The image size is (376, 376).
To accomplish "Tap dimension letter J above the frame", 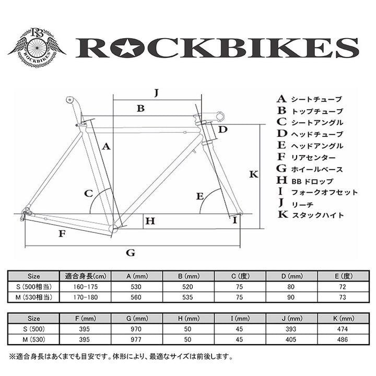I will [156, 93].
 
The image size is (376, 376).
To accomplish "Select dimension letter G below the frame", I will [131, 253].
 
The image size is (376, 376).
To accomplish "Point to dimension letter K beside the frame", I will [254, 174].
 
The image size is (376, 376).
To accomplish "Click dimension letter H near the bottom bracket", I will [150, 221].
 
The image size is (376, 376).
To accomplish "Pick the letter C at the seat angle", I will [89, 194].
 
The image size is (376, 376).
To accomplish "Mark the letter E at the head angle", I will [199, 196].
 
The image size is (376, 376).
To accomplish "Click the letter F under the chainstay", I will [62, 233].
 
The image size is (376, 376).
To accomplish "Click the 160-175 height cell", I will [79, 287].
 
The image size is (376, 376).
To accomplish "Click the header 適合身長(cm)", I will [79, 276].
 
